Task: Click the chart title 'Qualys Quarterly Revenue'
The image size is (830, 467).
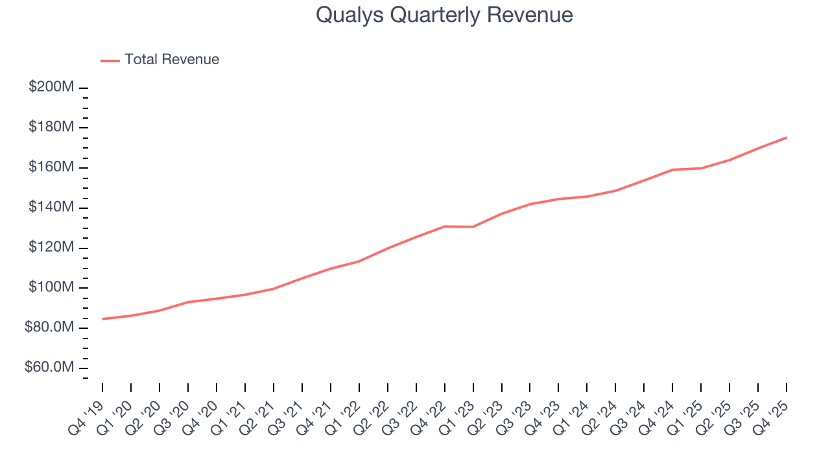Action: click(x=444, y=15)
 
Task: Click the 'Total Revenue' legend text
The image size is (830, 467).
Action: click(x=172, y=60)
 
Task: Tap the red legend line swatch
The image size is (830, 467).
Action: click(x=110, y=60)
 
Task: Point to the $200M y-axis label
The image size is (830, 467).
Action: click(x=51, y=87)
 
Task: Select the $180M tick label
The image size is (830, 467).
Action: click(x=51, y=127)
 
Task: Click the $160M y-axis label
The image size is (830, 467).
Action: click(x=51, y=167)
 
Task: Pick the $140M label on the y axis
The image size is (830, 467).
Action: click(x=51, y=208)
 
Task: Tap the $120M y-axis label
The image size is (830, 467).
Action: click(x=51, y=248)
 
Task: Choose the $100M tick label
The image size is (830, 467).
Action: click(x=51, y=288)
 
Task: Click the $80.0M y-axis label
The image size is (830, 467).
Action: click(x=49, y=328)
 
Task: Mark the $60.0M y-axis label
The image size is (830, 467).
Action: click(x=49, y=368)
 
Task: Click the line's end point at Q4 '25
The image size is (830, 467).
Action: click(x=787, y=138)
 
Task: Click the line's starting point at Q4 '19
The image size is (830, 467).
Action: click(x=102, y=318)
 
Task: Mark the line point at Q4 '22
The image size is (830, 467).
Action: click(x=445, y=226)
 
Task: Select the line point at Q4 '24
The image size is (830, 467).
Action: click(x=672, y=170)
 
